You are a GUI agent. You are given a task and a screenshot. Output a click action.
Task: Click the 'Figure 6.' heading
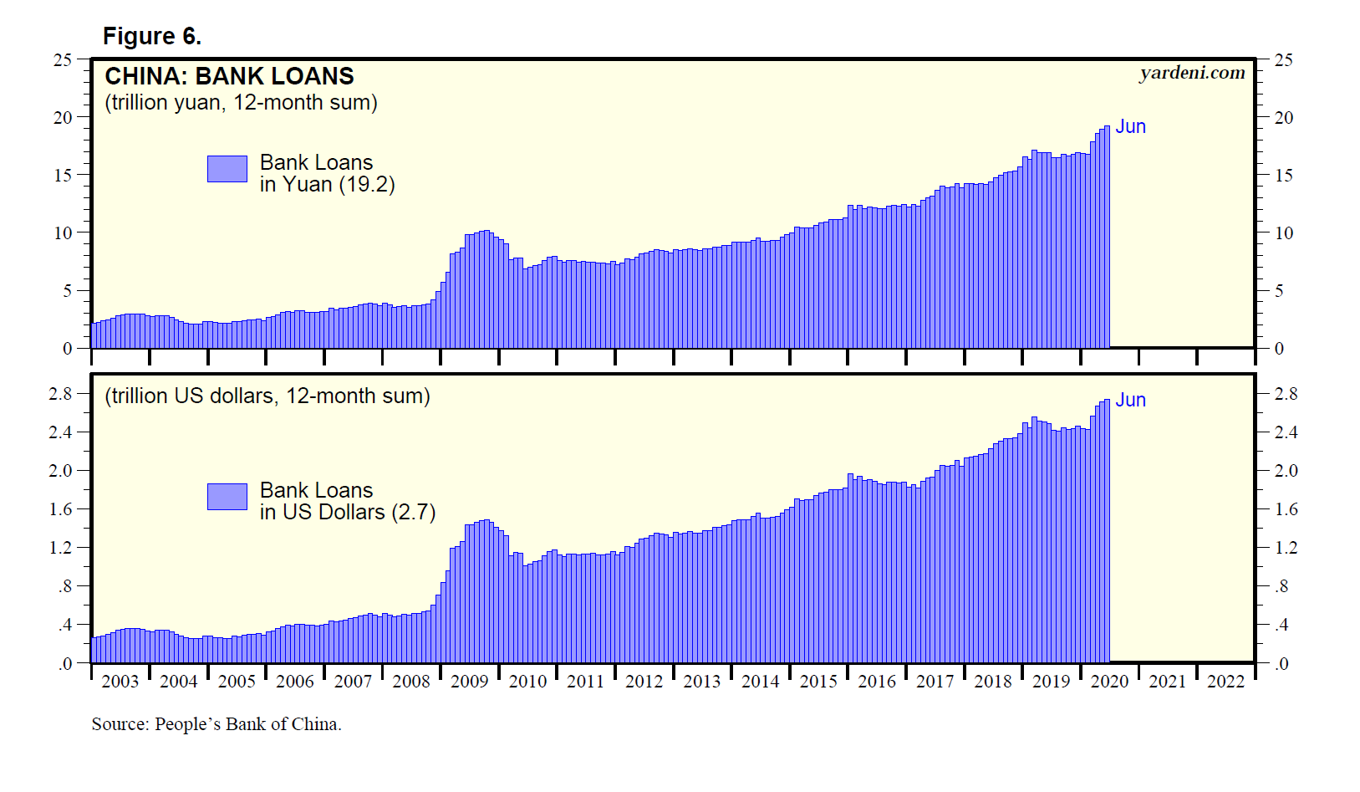[x=151, y=36]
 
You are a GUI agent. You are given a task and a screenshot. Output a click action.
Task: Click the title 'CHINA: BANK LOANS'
[x=229, y=76]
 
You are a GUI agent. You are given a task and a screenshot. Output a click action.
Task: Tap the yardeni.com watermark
[x=1191, y=73]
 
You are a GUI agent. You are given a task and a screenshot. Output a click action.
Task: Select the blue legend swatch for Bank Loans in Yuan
[x=227, y=168]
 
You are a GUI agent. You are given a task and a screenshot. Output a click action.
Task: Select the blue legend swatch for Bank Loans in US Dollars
[x=227, y=496]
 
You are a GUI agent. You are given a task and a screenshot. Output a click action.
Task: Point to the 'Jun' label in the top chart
[x=1130, y=126]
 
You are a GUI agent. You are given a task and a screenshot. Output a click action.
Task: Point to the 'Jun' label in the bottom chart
[x=1130, y=400]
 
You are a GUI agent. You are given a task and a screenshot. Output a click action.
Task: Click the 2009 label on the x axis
[x=469, y=682]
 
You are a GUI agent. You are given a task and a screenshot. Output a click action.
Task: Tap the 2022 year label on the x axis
[x=1225, y=682]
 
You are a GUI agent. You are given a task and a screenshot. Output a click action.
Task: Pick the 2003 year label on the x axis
[x=120, y=682]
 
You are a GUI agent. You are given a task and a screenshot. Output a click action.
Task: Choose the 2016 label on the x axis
[x=876, y=682]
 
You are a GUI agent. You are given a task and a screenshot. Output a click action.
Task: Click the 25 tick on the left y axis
[x=63, y=60]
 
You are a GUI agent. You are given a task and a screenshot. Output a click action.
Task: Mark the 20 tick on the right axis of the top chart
[x=1283, y=118]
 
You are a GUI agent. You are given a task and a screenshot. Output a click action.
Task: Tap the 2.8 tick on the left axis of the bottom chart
[x=60, y=394]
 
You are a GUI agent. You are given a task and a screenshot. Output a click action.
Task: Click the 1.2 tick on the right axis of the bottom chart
[x=1286, y=548]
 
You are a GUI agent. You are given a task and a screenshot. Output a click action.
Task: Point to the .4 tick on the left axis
[x=64, y=625]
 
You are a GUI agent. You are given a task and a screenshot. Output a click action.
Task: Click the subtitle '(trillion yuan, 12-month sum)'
[x=241, y=103]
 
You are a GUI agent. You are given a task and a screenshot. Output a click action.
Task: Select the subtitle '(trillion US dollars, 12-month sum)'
[x=267, y=396]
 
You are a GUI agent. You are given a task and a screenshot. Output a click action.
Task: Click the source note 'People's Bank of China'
[x=247, y=724]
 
